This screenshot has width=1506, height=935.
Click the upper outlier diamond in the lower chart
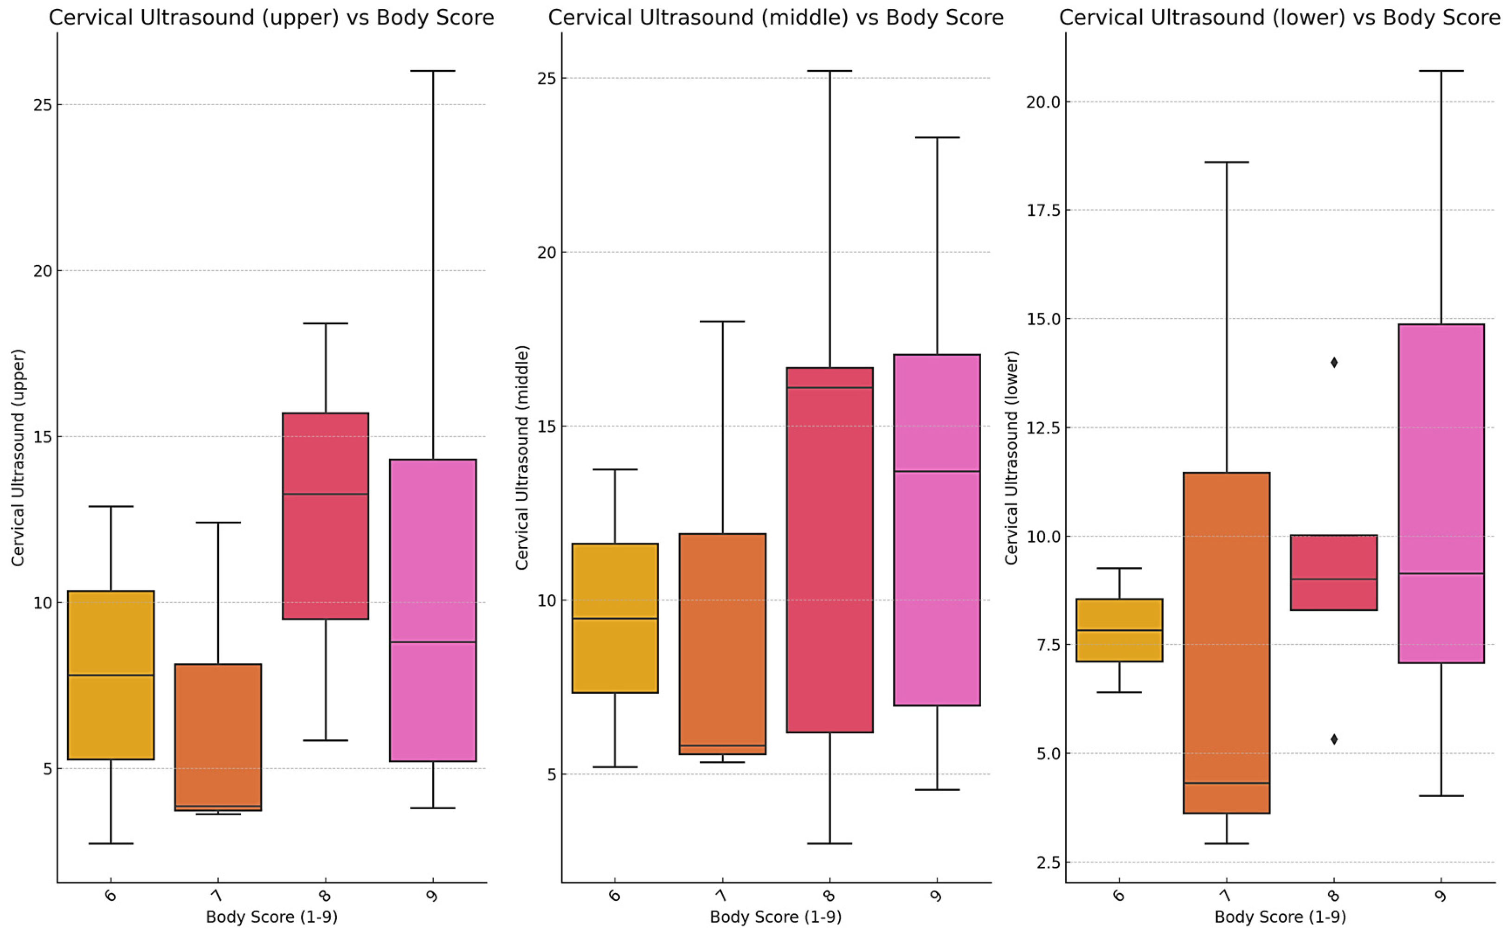1334,362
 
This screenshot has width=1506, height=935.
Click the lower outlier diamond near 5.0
1334,739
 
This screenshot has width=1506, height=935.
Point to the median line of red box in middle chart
830,388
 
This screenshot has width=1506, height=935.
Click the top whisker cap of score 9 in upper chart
433,71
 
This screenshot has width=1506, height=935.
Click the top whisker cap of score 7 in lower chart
1226,162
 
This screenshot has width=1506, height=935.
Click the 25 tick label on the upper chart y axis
42,104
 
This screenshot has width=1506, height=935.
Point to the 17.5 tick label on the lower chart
1043,210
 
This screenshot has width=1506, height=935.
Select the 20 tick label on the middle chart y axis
547,252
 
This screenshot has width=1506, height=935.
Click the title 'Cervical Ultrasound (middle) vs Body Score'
776,17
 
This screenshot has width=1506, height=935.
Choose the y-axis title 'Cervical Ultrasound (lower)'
1011,458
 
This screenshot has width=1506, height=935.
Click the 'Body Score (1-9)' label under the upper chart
271,917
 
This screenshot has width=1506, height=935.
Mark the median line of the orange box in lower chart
1226,783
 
